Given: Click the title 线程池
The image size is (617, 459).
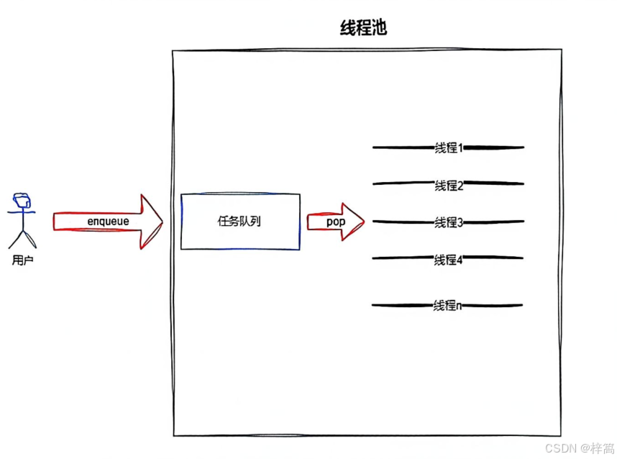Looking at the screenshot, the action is (x=364, y=28).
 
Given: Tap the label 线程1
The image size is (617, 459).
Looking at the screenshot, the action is (x=448, y=147).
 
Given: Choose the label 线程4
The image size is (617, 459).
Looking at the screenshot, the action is (x=448, y=260).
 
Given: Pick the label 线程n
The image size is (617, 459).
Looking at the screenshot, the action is (x=447, y=306).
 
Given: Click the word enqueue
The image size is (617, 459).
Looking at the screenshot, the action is (x=108, y=222).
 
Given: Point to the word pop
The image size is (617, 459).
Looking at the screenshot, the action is (x=335, y=222).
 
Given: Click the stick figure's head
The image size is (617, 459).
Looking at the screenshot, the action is (x=22, y=200).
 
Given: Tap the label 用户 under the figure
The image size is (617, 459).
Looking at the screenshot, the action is (x=23, y=260).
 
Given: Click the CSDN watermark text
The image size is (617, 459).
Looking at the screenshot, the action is (x=576, y=448).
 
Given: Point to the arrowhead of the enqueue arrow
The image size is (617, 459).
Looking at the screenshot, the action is (x=152, y=222).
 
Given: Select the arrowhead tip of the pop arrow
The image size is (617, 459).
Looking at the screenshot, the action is (x=362, y=222).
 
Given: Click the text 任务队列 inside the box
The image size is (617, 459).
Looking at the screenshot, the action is (x=239, y=222).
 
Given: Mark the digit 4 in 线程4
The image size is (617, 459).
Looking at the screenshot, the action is (x=459, y=260).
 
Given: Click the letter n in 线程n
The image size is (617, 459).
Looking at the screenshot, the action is (x=460, y=306).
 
